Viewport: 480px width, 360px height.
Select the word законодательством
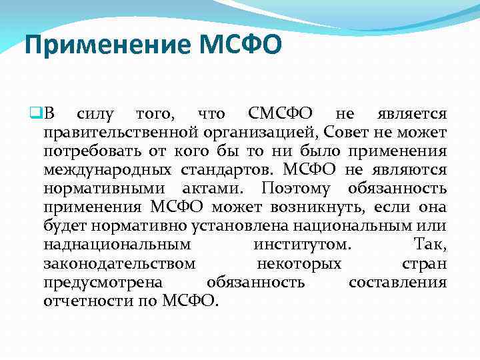tap(119, 263)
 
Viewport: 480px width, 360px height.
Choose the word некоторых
tap(299, 263)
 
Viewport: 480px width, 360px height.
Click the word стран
tap(425, 263)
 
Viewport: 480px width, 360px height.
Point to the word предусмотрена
tap(99, 281)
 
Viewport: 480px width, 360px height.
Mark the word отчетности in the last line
tap(86, 301)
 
